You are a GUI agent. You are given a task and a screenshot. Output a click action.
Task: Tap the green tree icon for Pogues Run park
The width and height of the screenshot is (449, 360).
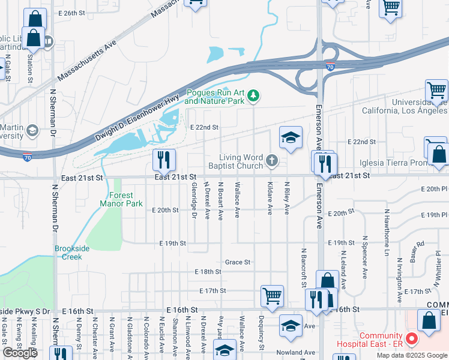point(254,95)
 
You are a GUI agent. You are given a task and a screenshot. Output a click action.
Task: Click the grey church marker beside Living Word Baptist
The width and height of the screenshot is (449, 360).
point(272,160)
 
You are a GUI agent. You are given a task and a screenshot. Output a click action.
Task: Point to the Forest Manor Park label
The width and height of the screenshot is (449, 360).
point(126,199)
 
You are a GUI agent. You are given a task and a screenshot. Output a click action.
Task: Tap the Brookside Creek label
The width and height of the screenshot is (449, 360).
point(72,253)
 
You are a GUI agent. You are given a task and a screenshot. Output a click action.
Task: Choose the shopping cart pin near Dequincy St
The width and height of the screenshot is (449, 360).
point(272,296)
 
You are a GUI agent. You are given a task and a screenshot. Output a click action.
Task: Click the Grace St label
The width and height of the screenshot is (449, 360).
point(237,262)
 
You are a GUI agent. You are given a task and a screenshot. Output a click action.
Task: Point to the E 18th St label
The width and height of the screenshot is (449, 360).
point(208,272)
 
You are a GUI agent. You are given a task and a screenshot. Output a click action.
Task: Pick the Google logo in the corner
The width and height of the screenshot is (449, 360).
point(20,353)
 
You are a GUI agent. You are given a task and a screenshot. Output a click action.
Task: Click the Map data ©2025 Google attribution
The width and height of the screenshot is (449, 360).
point(411,355)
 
